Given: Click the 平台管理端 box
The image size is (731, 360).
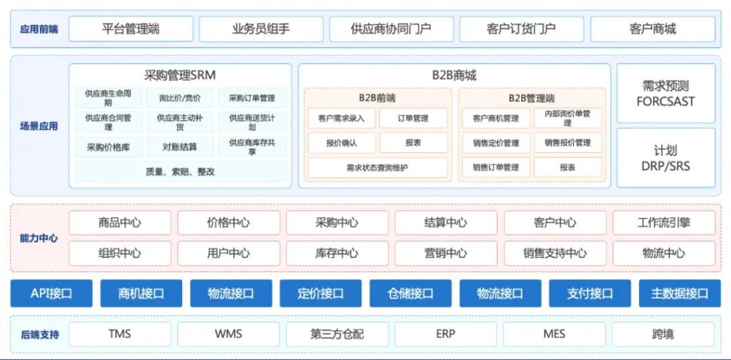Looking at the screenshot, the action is [131, 29].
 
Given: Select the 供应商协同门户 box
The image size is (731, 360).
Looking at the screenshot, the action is [391, 29].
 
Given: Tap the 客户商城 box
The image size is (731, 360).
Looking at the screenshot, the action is [652, 29].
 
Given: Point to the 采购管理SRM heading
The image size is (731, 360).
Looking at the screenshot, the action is [180, 75].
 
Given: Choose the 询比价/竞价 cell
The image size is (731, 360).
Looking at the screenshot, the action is [180, 98].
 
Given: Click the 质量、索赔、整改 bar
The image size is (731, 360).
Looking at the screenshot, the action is [180, 171].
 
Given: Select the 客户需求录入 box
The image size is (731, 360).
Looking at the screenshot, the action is [342, 119].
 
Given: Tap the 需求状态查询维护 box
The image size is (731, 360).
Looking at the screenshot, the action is [378, 167].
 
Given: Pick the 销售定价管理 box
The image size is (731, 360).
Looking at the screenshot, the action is [495, 143].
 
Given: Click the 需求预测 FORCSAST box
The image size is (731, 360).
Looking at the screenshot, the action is [666, 94].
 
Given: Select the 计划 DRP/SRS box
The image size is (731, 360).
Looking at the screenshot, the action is [666, 158].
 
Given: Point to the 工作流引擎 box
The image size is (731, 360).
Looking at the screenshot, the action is [663, 223].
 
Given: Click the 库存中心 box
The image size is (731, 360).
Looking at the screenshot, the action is [337, 253].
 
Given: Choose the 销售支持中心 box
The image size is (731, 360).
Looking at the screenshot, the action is [555, 253].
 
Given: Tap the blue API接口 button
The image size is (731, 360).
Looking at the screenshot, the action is [51, 294].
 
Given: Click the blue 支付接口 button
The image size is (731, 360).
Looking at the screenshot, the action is [590, 294].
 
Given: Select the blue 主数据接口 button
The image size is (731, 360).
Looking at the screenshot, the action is [680, 294].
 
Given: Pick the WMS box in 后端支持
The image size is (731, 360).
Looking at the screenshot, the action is [228, 334].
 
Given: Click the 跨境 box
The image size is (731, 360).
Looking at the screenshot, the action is [663, 334].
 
